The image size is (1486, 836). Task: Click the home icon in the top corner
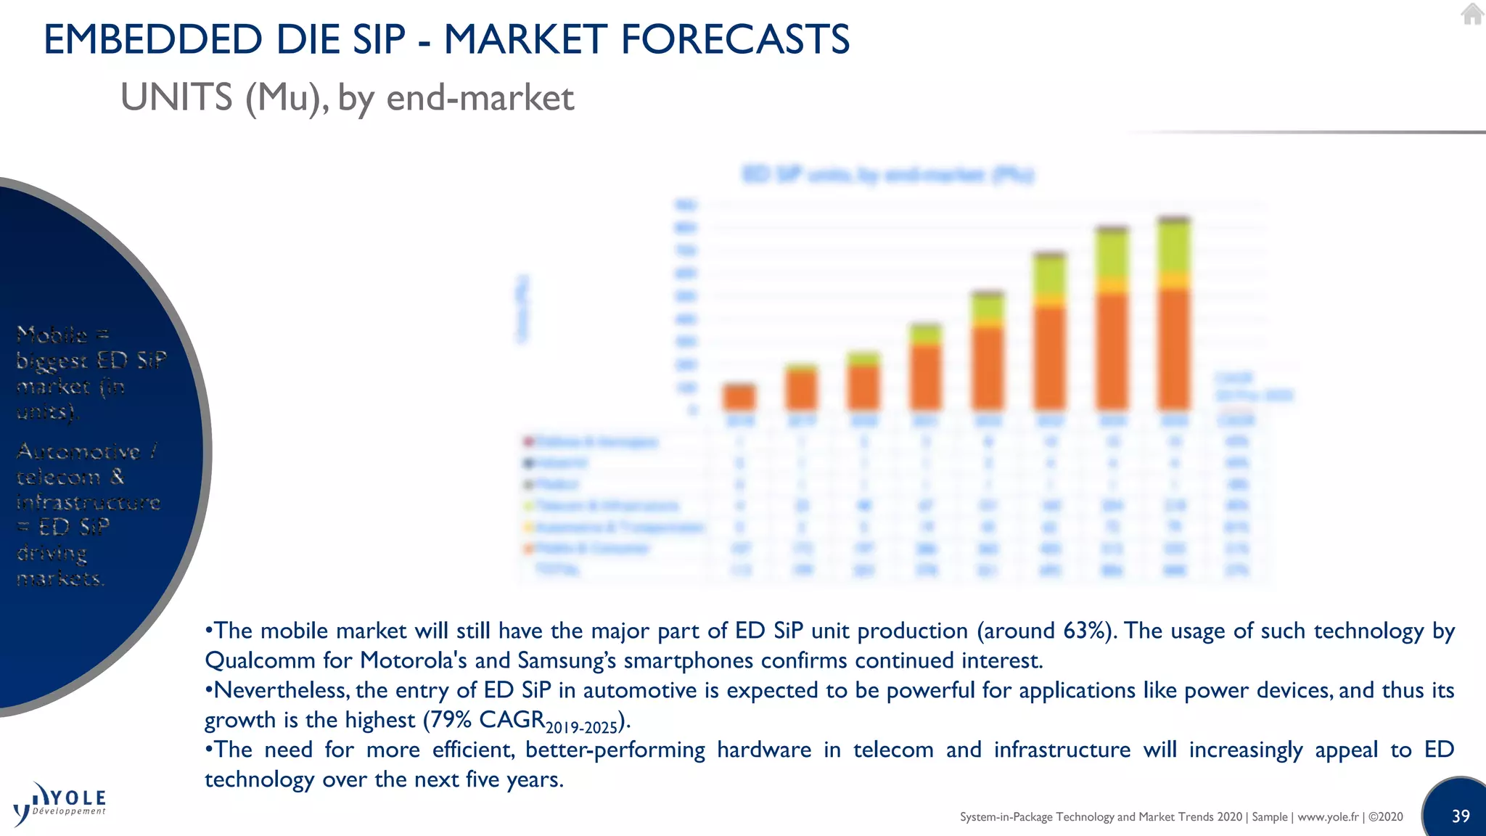coord(1471,14)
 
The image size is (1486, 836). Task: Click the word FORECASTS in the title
coord(735,39)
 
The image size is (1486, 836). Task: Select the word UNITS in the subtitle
coord(176,97)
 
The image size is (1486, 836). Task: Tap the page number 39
coord(1460,816)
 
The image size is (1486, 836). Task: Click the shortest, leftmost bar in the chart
coord(739,397)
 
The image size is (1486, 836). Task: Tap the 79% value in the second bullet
coord(451,720)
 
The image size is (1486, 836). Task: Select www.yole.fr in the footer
coord(1327,816)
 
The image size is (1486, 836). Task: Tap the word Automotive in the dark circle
coord(78,451)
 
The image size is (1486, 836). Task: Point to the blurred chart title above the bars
coord(887,175)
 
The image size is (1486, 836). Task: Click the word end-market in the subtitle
coord(480,97)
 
